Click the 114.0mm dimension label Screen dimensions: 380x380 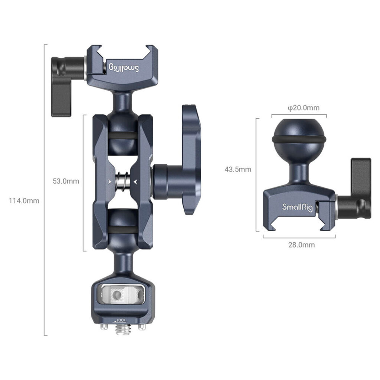point(24,201)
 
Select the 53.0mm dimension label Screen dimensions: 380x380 point(66,181)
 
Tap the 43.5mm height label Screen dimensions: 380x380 point(238,169)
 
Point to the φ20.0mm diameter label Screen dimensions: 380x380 point(304,108)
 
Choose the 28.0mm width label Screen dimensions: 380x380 point(301,245)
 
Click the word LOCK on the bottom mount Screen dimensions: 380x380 point(121,320)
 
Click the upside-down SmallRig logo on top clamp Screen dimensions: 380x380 point(124,68)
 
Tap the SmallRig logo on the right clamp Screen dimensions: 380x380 point(297,207)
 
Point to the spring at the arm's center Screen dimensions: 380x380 point(123,181)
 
